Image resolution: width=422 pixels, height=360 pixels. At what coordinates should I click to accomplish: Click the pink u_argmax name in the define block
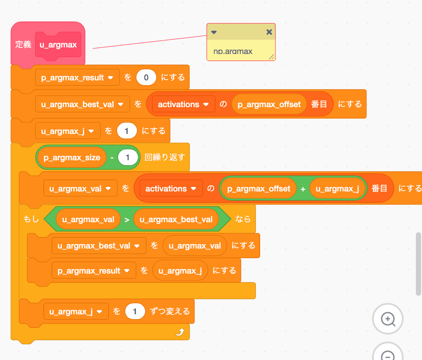coord(58,45)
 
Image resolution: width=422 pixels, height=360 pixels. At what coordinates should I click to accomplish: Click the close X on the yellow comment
coord(269,32)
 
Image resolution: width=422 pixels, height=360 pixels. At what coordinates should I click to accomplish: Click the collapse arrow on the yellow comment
coord(214,32)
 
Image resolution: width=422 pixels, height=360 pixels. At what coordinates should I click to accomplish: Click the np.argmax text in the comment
coord(233,51)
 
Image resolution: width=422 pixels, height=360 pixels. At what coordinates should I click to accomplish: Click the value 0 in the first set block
coord(146,78)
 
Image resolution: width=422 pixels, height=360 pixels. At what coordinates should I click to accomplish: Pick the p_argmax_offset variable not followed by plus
coord(269,104)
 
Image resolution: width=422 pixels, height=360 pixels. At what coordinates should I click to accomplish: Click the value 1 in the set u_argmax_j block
coord(127,131)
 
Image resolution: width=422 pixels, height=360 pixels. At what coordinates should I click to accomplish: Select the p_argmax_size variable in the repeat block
coord(72,157)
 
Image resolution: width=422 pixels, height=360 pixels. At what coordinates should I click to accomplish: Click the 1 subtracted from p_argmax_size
coord(128,157)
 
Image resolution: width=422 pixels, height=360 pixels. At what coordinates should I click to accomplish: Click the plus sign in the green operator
coord(303,189)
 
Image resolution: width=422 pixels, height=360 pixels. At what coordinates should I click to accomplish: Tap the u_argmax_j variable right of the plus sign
coord(337,189)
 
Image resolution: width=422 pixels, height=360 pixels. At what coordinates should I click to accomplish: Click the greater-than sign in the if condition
coord(127,220)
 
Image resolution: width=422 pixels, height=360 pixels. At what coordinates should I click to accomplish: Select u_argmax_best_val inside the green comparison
coord(180,220)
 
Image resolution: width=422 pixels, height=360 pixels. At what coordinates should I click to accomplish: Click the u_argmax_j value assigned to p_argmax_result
coord(180,271)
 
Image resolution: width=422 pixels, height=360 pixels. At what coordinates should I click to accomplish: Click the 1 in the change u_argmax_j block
coord(135,312)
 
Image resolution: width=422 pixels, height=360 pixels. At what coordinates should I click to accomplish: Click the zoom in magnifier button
coord(388,319)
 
